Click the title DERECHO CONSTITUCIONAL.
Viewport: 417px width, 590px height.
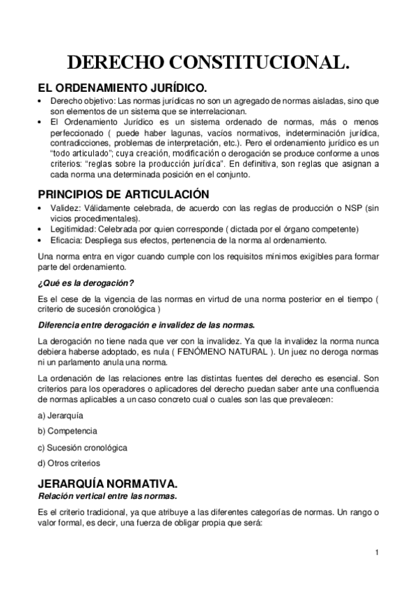click(208, 63)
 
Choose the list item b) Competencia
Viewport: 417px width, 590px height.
click(67, 431)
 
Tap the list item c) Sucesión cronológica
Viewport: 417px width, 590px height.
click(82, 447)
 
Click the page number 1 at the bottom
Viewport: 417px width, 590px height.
click(376, 552)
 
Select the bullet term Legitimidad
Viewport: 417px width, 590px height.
click(72, 229)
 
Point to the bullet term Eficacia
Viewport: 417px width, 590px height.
click(64, 240)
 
